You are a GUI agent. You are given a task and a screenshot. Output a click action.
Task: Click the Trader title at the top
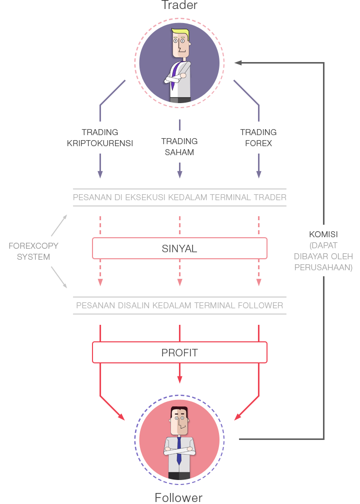[x=179, y=6]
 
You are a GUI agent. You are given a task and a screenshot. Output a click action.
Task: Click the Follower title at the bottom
[x=178, y=497]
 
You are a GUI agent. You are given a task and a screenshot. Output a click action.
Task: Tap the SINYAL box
[x=179, y=248]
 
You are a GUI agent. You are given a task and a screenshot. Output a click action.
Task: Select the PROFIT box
[x=179, y=352]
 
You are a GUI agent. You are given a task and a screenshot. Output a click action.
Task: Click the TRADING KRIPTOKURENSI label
[x=100, y=138]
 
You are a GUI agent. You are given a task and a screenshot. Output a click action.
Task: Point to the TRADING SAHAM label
[x=179, y=147]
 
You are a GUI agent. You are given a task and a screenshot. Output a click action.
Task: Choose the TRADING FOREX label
[x=258, y=138]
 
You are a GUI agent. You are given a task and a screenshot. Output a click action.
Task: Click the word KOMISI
[x=323, y=234]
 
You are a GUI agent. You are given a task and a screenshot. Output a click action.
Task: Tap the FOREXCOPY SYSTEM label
[x=33, y=251]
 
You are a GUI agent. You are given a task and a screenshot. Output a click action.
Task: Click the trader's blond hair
[x=182, y=34]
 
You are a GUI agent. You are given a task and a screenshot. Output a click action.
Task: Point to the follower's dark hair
[x=179, y=411]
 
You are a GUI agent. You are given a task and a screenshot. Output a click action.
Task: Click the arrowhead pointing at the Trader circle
[x=238, y=63]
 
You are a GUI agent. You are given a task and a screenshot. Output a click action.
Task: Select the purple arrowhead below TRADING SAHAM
[x=179, y=174]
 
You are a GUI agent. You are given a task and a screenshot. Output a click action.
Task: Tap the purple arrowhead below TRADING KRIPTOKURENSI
[x=100, y=174]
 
